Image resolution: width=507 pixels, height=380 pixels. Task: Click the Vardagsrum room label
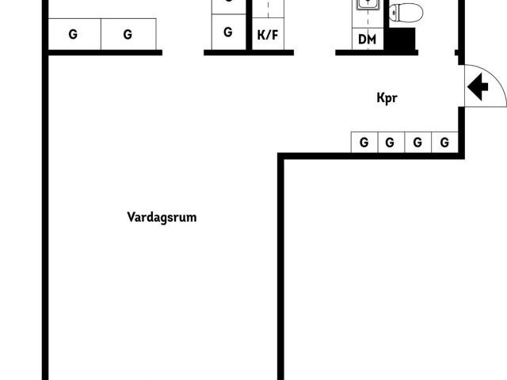162,218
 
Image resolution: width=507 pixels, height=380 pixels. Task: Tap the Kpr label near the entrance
387,98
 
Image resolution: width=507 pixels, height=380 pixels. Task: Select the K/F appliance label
268,35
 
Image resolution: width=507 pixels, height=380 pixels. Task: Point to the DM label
368,40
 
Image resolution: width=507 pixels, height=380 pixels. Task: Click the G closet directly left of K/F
228,32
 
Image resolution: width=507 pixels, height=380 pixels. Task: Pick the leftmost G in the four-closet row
364,142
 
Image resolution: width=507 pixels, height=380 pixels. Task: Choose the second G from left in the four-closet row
390,142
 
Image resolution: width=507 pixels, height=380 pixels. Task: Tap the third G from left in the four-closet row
417,142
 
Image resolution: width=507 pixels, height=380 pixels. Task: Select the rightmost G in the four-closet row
444,142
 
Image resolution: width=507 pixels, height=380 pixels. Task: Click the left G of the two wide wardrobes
73,34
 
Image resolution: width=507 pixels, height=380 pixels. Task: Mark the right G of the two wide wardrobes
128,34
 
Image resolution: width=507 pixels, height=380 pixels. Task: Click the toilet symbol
406,13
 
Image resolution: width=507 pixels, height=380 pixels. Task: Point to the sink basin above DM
368,5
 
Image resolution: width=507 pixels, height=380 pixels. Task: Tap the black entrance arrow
478,87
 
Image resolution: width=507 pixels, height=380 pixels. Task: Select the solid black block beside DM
402,39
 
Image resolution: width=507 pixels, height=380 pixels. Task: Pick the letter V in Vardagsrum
132,217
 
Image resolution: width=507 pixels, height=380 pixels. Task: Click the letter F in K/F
275,35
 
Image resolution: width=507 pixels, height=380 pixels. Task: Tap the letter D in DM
362,40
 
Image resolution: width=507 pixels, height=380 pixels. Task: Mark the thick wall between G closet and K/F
249,25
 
